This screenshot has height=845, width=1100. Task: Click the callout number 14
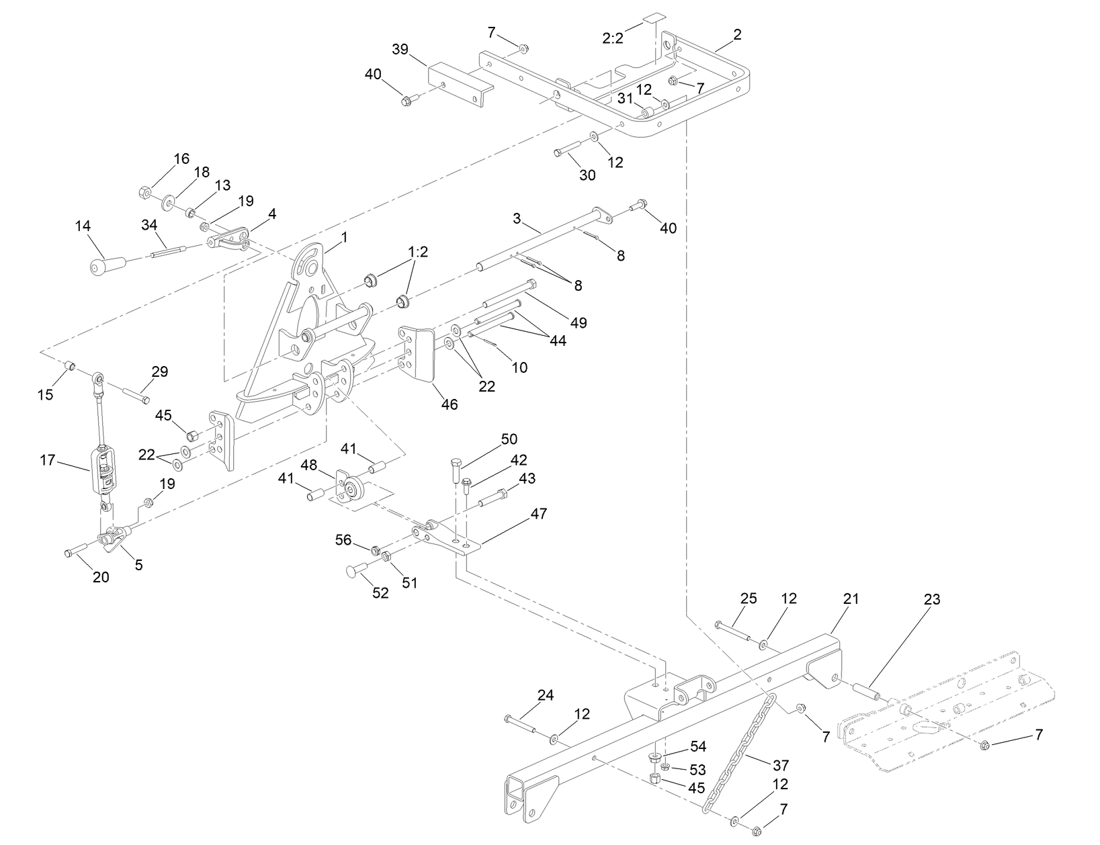tap(83, 226)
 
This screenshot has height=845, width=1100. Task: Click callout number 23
tap(932, 598)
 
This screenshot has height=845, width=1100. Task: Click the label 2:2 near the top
tap(612, 38)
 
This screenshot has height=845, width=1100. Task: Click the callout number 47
tap(538, 514)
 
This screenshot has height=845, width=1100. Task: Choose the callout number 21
tap(851, 598)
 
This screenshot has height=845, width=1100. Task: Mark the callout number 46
tap(449, 404)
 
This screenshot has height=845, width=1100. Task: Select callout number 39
tap(400, 50)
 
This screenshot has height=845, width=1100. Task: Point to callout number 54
tap(698, 747)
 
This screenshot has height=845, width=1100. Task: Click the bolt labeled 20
tap(75, 551)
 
